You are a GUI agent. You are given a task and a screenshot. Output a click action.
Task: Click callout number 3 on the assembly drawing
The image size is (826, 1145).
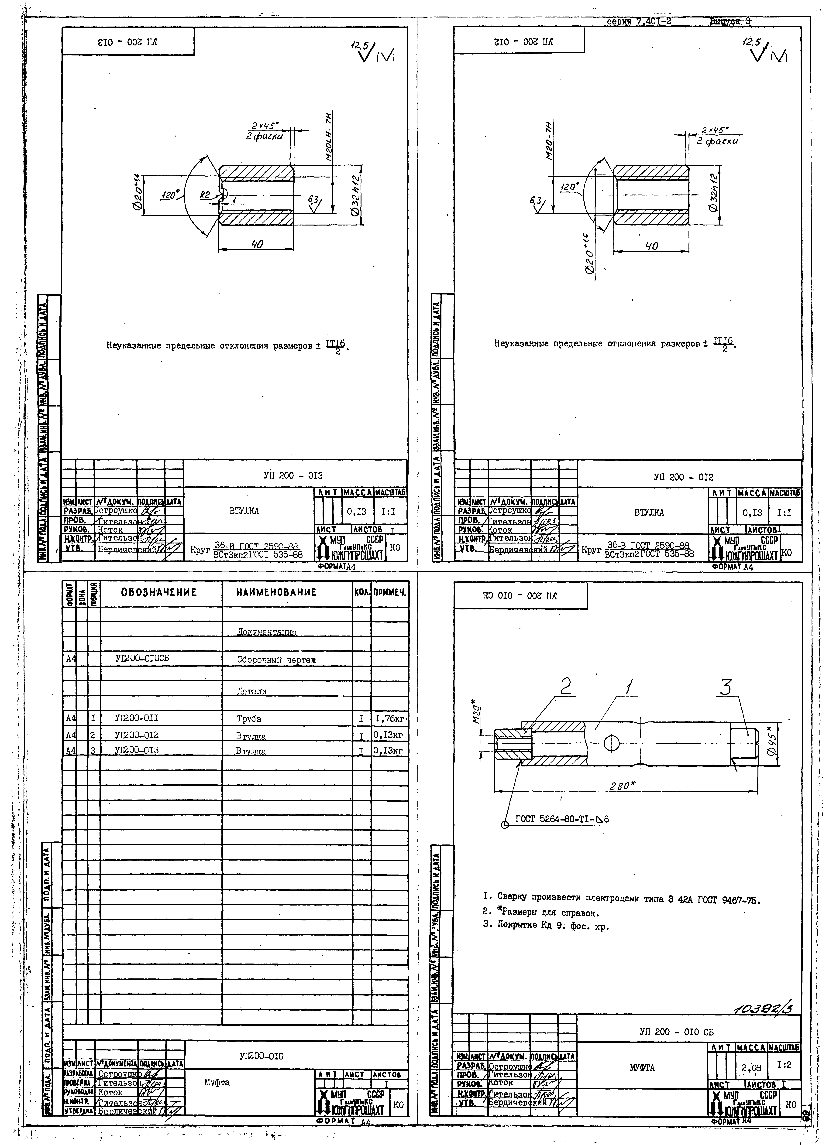click(726, 688)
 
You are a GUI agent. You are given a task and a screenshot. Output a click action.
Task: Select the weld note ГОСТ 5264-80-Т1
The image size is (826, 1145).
click(561, 819)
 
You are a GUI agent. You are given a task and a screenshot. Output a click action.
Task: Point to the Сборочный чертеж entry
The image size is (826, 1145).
click(276, 660)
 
